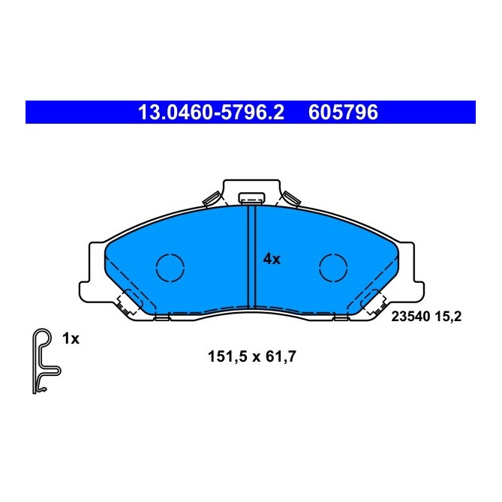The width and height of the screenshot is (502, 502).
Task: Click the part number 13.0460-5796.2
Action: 211,113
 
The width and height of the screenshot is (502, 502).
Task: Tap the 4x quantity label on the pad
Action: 271,260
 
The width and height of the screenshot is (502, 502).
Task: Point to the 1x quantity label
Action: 71,338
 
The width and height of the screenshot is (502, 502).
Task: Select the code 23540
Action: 408,317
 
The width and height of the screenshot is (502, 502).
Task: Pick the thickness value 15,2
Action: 447,317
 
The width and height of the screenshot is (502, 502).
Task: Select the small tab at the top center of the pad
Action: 251,199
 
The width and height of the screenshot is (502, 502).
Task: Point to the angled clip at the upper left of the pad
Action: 211,199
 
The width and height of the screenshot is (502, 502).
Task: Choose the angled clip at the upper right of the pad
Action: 291,199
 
